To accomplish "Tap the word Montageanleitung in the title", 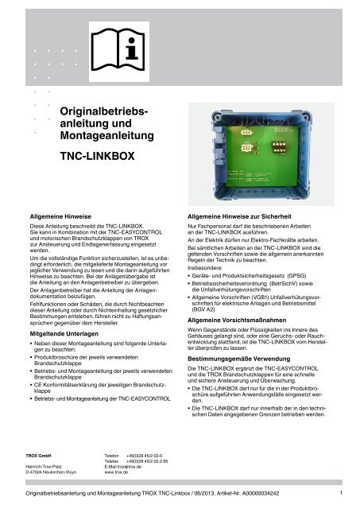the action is point(104,138).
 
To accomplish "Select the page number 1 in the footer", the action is point(339,494).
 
